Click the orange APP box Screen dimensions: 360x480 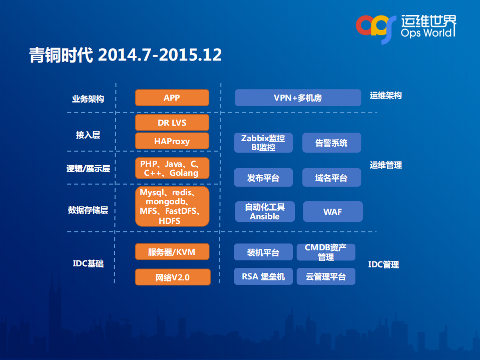point(172,98)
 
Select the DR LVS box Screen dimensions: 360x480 point(172,123)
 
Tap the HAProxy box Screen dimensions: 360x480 point(172,141)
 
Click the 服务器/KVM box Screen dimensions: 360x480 point(172,251)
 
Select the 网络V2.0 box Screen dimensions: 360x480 point(172,277)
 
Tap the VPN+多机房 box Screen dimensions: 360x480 point(297,98)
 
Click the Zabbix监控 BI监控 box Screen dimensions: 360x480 point(263,143)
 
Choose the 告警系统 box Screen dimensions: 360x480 point(331,143)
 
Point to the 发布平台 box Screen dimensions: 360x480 point(263,178)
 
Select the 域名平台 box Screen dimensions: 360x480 point(331,178)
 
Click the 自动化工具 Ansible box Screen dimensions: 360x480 point(264,211)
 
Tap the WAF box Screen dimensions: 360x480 point(332,211)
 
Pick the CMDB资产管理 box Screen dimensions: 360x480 point(325,252)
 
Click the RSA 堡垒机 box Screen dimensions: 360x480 point(263,276)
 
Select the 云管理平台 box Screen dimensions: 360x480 point(325,276)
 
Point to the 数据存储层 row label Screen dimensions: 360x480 point(88,210)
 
